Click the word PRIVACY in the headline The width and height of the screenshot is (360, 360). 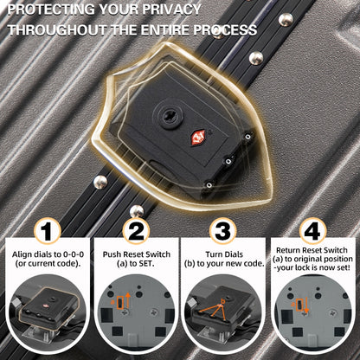point(171,10)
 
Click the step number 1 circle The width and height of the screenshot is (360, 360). point(48,231)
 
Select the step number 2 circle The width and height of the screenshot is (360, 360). point(136,231)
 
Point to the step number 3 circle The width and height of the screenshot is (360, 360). point(223,231)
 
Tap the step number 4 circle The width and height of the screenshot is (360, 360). point(312,231)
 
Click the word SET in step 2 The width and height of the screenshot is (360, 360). point(145,263)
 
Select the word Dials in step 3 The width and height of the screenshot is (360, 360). point(232,254)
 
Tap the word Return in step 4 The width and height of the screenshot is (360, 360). point(288,250)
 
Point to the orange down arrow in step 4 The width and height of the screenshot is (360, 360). point(306,305)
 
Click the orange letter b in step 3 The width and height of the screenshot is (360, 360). point(222,302)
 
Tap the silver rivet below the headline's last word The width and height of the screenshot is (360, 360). point(256,58)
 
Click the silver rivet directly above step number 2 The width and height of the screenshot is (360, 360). point(137,211)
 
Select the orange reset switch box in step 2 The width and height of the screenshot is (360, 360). point(120,302)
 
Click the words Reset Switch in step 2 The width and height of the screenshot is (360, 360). point(147,254)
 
